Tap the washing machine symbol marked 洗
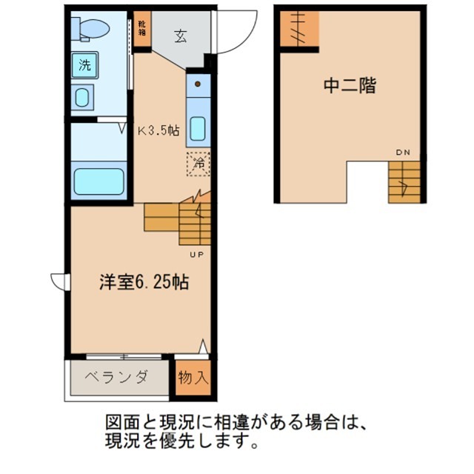[x=84, y=64]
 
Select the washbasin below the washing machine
[x=83, y=97]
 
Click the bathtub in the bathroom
[x=96, y=181]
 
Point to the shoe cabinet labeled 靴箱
[x=141, y=30]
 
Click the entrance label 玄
[x=180, y=36]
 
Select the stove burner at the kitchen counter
[x=198, y=84]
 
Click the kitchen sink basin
[x=197, y=128]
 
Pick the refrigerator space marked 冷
[x=198, y=163]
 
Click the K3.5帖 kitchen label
[x=158, y=130]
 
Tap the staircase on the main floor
[x=178, y=220]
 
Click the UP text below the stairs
[x=198, y=255]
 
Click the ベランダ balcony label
[x=116, y=376]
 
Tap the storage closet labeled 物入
[x=193, y=377]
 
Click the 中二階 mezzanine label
[x=349, y=85]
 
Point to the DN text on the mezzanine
[x=402, y=153]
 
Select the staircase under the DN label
[x=405, y=181]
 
